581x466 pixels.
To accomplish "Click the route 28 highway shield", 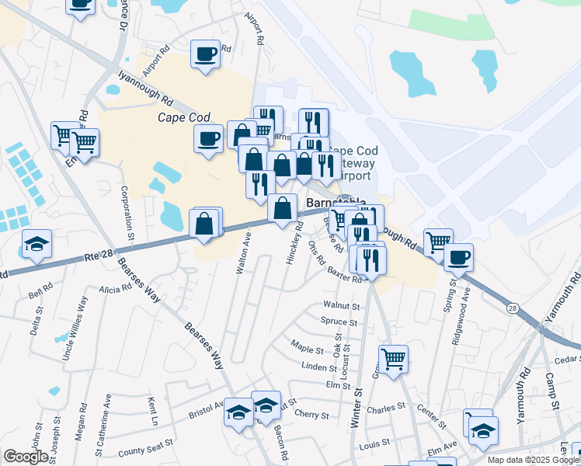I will pyautogui.click(x=512, y=309).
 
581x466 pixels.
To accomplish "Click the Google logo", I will pyautogui.click(x=26, y=457).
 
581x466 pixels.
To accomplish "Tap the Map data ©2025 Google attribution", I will pyautogui.click(x=533, y=460).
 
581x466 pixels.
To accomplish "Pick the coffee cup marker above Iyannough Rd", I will pyautogui.click(x=206, y=54).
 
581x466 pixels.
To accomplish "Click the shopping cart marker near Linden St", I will pyautogui.click(x=394, y=360).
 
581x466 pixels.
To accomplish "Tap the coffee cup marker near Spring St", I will pyautogui.click(x=458, y=257).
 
